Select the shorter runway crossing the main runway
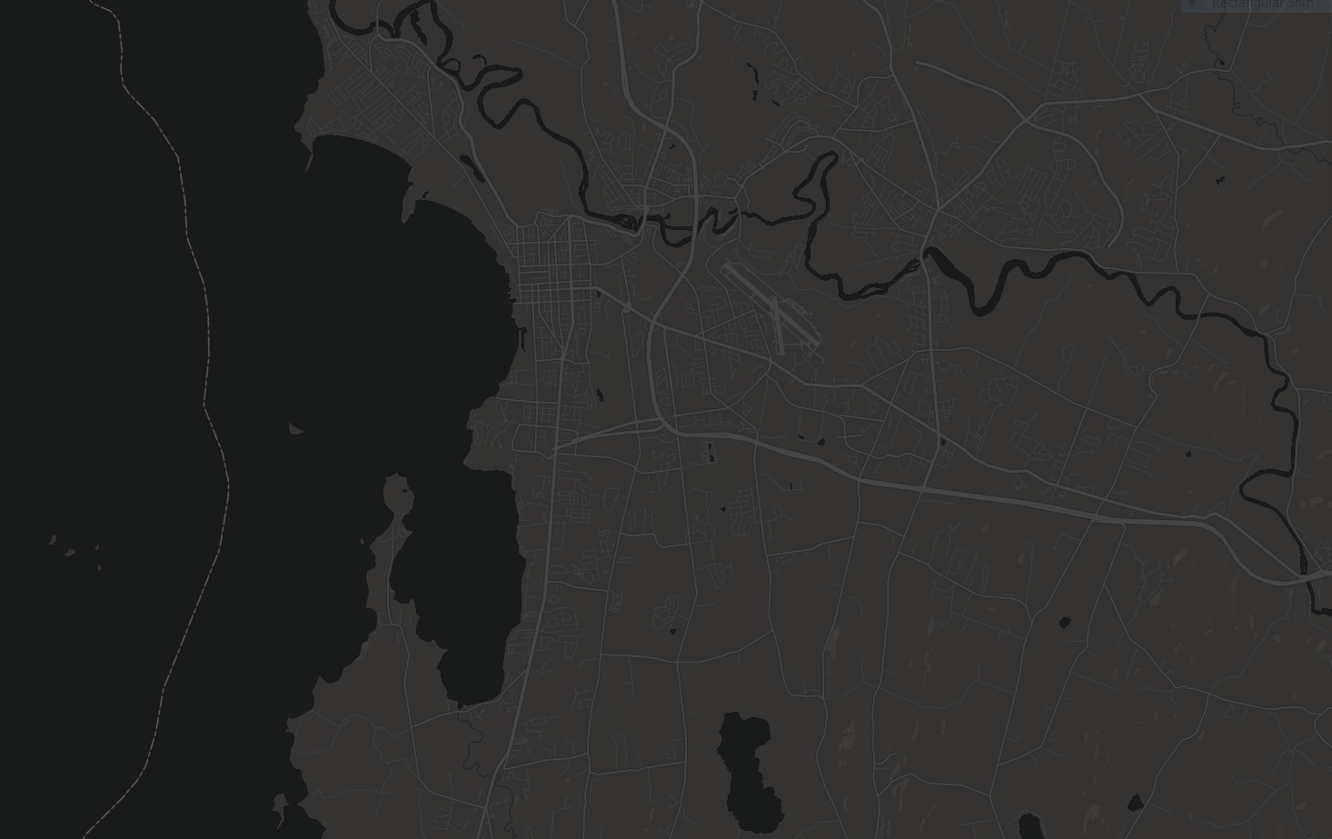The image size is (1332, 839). pyautogui.click(x=778, y=325)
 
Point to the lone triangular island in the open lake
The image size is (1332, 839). pyautogui.click(x=295, y=429)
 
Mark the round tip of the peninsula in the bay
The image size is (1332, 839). pyautogui.click(x=398, y=496)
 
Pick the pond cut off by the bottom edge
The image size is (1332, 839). pyautogui.click(x=1030, y=826)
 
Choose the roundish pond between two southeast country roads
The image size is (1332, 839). pyautogui.click(x=1065, y=623)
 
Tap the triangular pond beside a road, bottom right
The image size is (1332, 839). pyautogui.click(x=1135, y=803)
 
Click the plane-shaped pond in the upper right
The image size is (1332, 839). pyautogui.click(x=1220, y=180)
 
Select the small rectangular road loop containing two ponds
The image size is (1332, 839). pyautogui.click(x=710, y=452)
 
